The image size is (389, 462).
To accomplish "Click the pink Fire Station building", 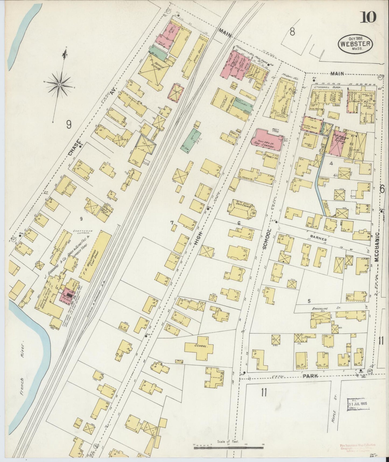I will [x=267, y=140].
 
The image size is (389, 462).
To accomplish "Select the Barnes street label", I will [x=318, y=239].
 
